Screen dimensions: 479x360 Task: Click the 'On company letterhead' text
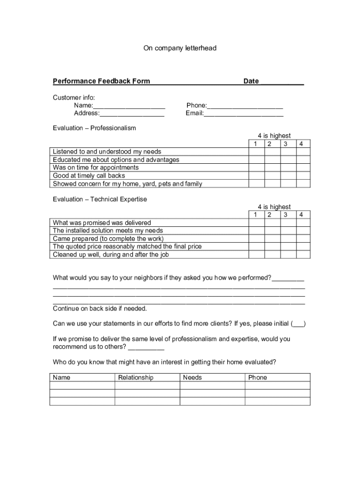tap(180, 48)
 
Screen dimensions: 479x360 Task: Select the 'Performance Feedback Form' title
tap(101, 81)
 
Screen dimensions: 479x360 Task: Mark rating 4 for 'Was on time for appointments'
tap(303, 167)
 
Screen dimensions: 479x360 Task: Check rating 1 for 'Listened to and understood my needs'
tap(256, 152)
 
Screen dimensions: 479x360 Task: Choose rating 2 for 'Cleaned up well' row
tap(272, 254)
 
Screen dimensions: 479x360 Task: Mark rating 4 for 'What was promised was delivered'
tap(303, 223)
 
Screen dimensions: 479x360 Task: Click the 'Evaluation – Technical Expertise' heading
tap(100, 199)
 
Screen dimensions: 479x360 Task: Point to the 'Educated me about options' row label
tap(116, 160)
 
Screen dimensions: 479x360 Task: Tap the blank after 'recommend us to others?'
tap(146, 347)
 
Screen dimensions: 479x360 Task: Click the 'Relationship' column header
tap(136, 377)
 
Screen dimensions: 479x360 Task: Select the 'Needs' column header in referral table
tap(193, 377)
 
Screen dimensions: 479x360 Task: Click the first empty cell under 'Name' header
tap(82, 385)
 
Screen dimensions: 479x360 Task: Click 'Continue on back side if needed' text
tap(100, 309)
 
